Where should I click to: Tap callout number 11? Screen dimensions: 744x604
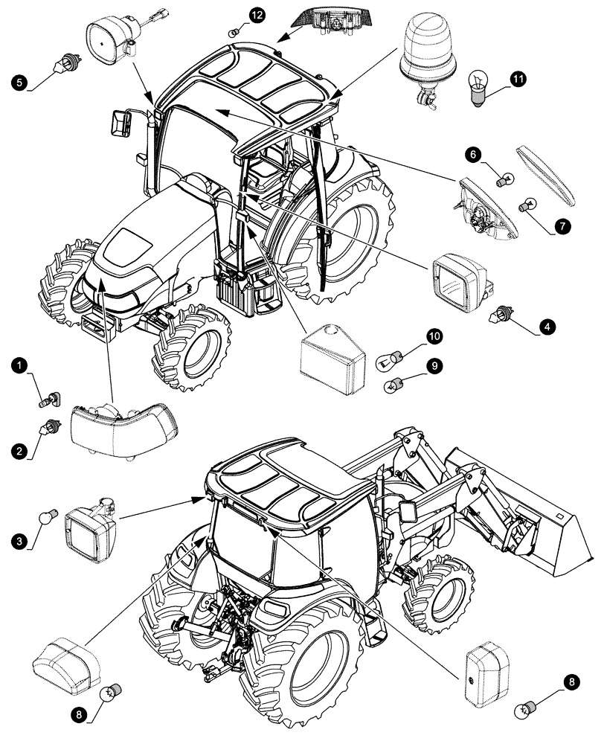518,77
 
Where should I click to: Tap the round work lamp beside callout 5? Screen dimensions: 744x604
112,41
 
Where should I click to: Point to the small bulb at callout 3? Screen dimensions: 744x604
51,515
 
